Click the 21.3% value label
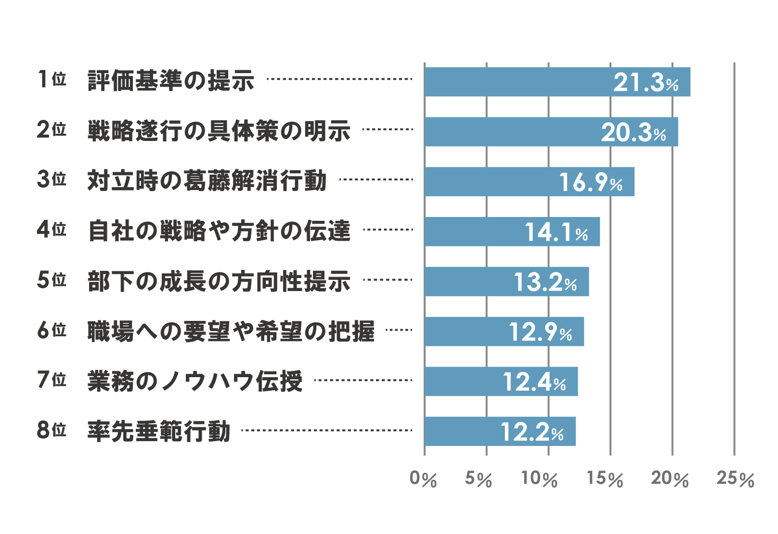(646, 82)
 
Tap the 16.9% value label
(590, 182)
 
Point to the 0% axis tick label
(423, 479)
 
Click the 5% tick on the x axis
(478, 479)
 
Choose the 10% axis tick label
(539, 479)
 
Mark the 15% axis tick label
(605, 479)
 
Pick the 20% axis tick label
(670, 479)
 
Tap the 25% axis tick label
(735, 479)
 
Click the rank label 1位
(52, 79)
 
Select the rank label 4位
(52, 229)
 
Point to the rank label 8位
(52, 430)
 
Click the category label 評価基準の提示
(171, 80)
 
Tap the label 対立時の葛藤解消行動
(207, 180)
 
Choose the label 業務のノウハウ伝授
(195, 381)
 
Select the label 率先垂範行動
(159, 431)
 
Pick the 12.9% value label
(540, 332)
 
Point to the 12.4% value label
(534, 382)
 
